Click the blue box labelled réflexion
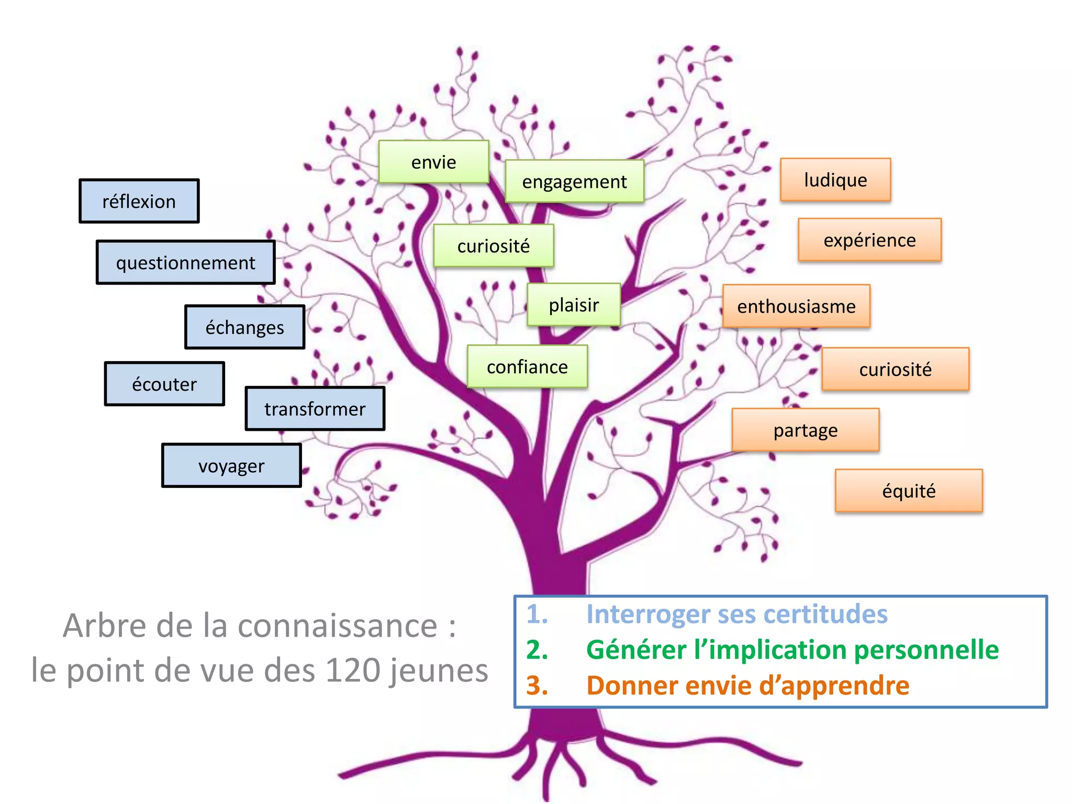click(139, 201)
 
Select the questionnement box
click(185, 262)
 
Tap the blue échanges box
click(244, 327)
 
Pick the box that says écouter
click(164, 384)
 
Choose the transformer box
click(315, 408)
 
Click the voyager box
click(231, 465)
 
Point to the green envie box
click(433, 162)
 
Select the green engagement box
click(574, 181)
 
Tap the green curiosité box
click(493, 245)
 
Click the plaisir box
click(574, 305)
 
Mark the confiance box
click(527, 366)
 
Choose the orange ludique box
click(835, 180)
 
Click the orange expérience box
click(869, 240)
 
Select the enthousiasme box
click(796, 306)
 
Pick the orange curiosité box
click(895, 369)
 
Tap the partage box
click(806, 430)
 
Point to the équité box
click(909, 490)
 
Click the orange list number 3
click(537, 685)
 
